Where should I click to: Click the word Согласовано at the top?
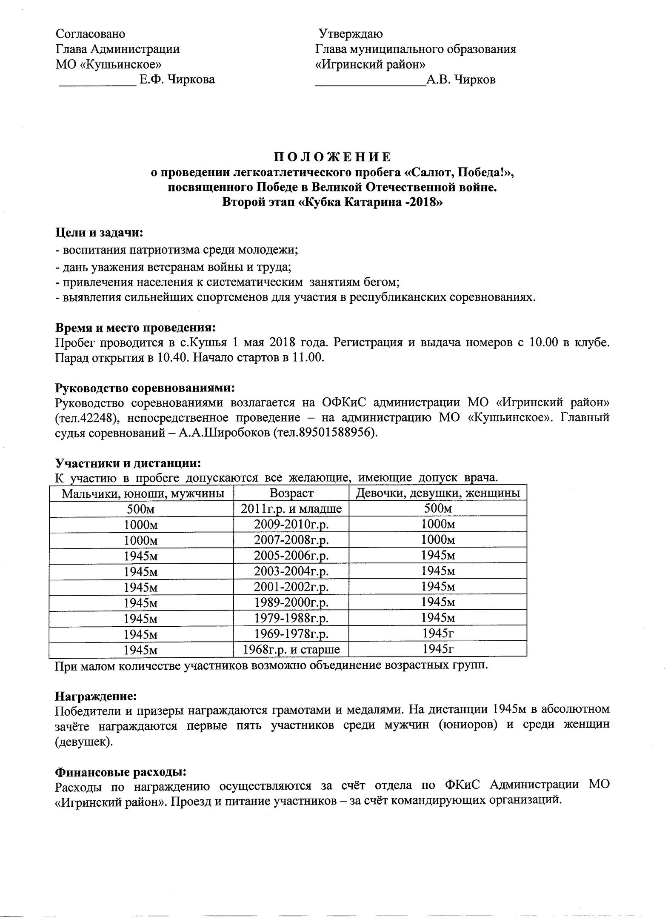click(90, 34)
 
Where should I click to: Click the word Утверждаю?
click(351, 34)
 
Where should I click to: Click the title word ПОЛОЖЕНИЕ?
click(332, 157)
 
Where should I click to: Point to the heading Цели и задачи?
click(99, 233)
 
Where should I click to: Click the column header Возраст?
click(291, 493)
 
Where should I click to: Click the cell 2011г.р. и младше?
click(291, 508)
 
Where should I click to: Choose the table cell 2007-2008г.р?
click(291, 540)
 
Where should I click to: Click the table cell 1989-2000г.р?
click(291, 602)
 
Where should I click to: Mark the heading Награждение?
click(96, 696)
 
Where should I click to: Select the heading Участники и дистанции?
click(128, 462)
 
